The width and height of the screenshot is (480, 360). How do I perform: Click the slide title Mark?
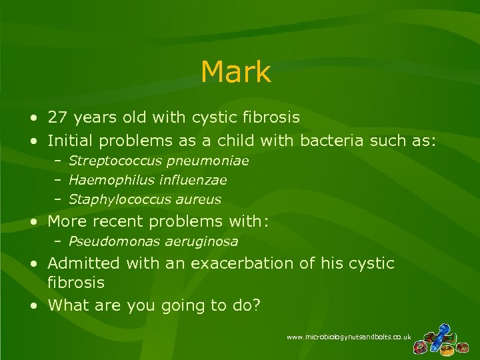pos(235,72)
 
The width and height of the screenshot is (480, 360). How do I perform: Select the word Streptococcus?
pos(109,161)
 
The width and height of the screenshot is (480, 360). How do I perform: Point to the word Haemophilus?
pos(104,180)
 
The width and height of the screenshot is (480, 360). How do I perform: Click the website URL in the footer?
pos(349,338)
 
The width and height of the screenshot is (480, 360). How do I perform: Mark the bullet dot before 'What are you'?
pos(33,306)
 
